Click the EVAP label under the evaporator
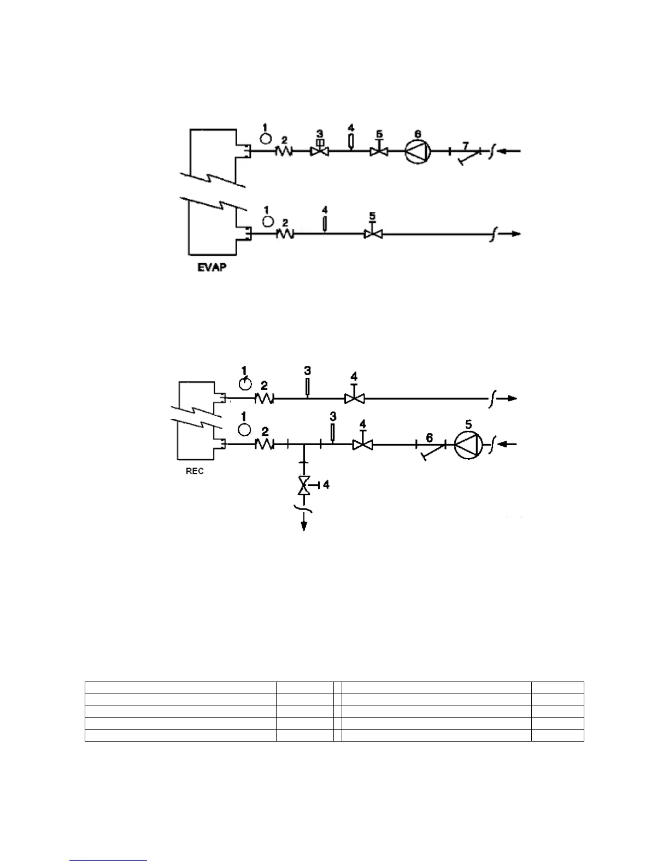pos(212,269)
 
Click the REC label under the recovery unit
pos(195,471)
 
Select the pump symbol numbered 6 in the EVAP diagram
pos(418,151)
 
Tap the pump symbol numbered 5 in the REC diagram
pos(468,445)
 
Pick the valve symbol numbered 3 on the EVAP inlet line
pos(320,151)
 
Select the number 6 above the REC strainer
pos(429,437)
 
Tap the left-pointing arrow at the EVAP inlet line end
pos(513,150)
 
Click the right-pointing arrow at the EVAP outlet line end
pos(513,234)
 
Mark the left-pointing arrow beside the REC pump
pos(509,445)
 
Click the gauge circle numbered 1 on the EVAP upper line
pos(265,138)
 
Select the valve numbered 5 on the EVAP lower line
pos(373,234)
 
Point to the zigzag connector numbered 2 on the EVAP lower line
pos(285,234)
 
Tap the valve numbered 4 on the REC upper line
pos(355,399)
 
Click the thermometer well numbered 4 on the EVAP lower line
pos(325,224)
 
